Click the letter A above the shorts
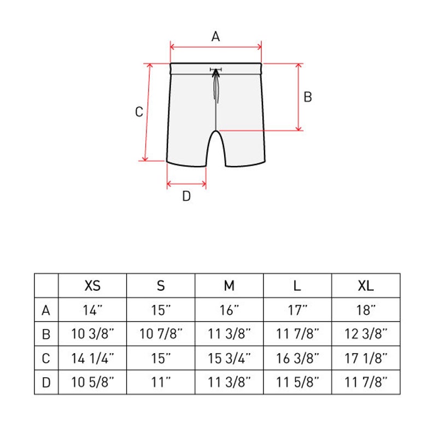coord(215,37)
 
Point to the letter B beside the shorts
coord(308,97)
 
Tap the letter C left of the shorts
coord(139,112)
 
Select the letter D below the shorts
coord(186,197)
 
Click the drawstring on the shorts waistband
coord(216,82)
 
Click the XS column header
coord(92,285)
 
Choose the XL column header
coord(366,285)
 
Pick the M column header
coord(229,285)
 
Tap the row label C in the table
coord(46,359)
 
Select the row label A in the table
coord(46,310)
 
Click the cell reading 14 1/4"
coord(92,359)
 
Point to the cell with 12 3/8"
coord(366,334)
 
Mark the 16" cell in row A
coord(229,310)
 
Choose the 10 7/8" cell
coord(161,334)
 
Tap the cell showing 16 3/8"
coord(297,359)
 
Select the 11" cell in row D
coord(161,383)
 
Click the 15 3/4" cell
coord(229,359)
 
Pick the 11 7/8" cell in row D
coord(366,383)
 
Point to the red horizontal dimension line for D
coord(186,183)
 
